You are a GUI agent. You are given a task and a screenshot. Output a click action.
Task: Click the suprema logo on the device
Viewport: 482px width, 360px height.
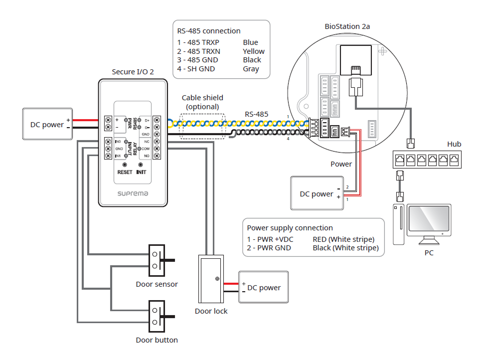point(132,193)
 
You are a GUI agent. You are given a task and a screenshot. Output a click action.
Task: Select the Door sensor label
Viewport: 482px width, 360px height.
point(157,284)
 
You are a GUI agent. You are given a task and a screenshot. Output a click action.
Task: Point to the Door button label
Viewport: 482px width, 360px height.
point(157,340)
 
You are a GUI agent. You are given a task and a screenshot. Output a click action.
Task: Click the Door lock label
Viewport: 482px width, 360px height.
point(211,311)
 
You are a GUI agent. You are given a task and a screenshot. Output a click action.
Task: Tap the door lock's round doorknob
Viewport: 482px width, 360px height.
point(217,279)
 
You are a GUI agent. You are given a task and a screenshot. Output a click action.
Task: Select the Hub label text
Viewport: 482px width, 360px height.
point(454,144)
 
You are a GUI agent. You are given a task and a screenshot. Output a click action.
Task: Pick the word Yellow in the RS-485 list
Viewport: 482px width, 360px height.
point(254,51)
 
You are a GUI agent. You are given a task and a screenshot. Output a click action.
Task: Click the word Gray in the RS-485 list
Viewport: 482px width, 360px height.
point(251,69)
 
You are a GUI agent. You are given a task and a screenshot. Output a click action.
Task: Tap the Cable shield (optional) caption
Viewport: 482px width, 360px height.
point(202,102)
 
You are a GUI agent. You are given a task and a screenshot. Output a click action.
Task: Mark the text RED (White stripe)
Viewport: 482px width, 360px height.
point(343,239)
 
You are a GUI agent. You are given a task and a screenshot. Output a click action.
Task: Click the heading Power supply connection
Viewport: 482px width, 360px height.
point(290,228)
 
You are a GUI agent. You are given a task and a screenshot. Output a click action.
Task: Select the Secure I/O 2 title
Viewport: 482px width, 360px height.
point(133,72)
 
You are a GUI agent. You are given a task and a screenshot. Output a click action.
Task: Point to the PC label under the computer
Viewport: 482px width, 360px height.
point(429,253)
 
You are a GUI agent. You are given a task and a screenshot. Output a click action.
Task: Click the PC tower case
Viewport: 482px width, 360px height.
point(398,224)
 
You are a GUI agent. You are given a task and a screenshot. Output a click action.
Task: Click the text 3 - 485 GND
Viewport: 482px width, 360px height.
point(198,60)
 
